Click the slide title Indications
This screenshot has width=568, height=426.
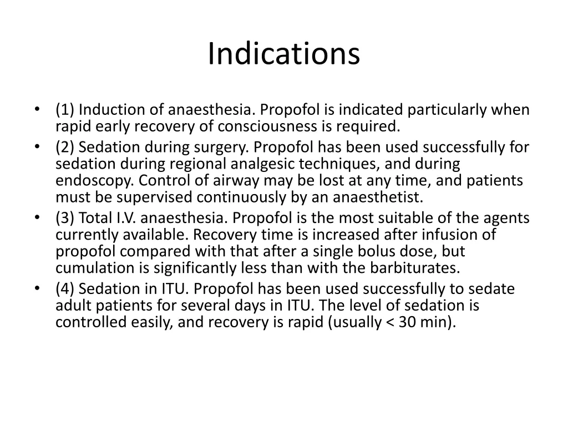(x=284, y=54)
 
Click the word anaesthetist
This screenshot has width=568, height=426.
(x=377, y=197)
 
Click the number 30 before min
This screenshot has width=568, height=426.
(x=407, y=322)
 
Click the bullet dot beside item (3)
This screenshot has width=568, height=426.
(x=37, y=218)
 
